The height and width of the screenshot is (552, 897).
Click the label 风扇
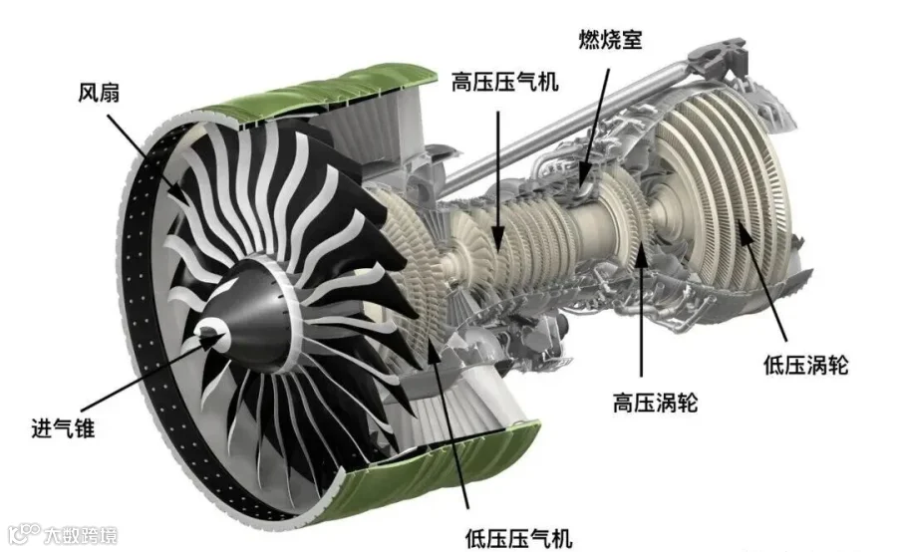point(99,93)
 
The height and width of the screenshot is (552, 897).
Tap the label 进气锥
point(63,427)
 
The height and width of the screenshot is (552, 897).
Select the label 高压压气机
point(504,82)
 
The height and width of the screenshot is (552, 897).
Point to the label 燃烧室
point(610,39)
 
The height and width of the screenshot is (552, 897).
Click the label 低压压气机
point(519,538)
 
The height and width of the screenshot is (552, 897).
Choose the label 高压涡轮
point(655,403)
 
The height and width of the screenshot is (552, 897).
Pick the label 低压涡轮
point(805,365)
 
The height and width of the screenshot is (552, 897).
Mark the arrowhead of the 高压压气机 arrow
point(498,238)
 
